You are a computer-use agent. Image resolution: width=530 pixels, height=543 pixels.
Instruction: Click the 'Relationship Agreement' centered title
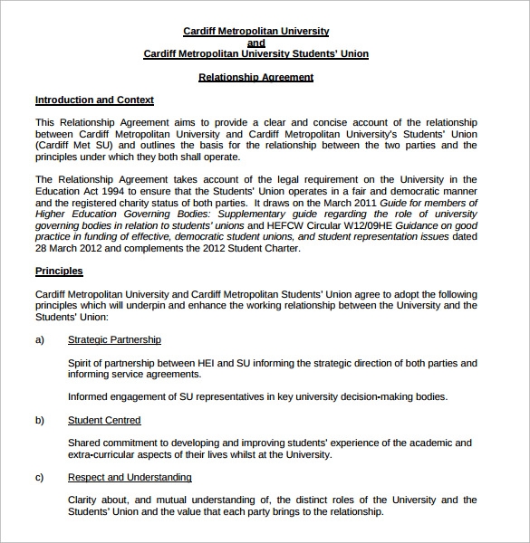256,78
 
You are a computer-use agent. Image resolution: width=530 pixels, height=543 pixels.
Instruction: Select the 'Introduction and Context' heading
94,100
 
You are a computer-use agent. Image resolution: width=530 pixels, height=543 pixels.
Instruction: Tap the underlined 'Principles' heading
59,271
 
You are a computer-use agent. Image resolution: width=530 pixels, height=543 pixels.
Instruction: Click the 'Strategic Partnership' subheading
114,340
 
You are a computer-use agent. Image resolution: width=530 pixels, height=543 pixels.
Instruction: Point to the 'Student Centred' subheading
104,420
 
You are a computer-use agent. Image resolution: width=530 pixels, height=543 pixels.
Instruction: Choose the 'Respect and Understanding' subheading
130,477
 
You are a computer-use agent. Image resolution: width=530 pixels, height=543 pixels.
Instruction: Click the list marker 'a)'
40,340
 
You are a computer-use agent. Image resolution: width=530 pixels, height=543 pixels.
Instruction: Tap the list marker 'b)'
40,420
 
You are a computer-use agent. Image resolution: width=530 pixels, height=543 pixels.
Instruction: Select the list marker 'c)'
40,477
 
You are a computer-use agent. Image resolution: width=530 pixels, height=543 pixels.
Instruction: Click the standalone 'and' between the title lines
256,43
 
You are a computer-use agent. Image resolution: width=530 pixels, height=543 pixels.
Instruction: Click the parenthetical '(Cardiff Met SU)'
75,145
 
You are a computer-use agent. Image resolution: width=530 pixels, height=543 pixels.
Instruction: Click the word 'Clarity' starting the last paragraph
85,500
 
